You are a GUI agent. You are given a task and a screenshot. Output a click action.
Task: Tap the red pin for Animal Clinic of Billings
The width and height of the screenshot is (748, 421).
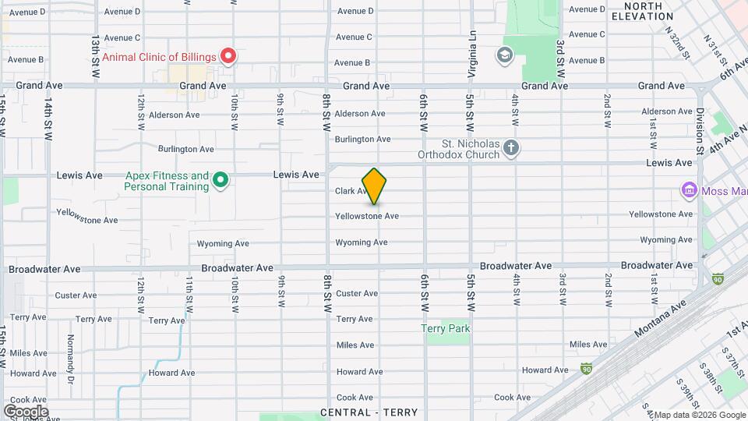(228, 56)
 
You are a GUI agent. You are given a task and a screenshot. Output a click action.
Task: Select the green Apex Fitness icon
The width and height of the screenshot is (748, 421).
(221, 181)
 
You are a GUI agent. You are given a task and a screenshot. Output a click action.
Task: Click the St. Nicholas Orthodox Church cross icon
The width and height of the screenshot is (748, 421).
(510, 148)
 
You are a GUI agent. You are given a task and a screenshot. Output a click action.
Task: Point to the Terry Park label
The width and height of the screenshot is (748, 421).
(446, 328)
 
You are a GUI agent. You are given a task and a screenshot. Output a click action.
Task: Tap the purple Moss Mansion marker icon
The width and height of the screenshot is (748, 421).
(688, 190)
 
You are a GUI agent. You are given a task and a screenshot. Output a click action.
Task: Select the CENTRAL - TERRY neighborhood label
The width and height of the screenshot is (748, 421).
(369, 412)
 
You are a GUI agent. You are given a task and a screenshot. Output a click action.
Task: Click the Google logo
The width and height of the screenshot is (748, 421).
(25, 411)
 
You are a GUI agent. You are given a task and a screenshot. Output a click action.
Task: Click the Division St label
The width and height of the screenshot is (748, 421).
(700, 130)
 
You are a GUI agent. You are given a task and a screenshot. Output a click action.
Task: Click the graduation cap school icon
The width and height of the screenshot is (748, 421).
(504, 55)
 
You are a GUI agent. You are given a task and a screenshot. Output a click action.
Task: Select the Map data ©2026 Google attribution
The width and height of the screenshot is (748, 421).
(698, 415)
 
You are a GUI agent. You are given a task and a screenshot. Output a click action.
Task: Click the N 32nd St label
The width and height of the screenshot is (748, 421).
(676, 43)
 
